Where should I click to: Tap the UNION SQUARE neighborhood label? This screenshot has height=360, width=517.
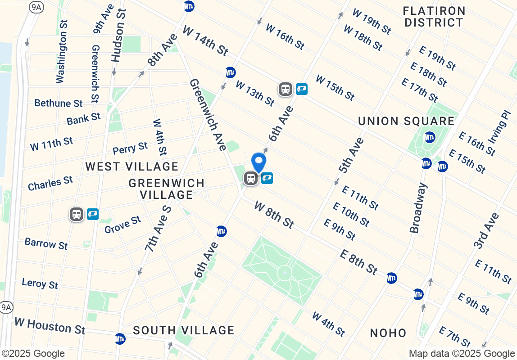coord(406,121)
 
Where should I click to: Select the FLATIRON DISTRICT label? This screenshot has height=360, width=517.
coord(434,17)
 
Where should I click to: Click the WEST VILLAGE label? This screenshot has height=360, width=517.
coord(132,166)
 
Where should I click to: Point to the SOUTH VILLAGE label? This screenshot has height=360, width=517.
coord(184,330)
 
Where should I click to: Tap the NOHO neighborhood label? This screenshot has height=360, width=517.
coord(388,333)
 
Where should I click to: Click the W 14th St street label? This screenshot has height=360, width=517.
coord(205,40)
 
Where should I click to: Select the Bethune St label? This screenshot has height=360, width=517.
coord(59,103)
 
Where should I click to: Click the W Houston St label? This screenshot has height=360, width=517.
coord(50,325)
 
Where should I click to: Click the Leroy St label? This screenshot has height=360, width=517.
coord(40,283)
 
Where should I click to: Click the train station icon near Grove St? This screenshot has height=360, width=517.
coord(77,214)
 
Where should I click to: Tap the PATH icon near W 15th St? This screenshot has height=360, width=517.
coord(301,89)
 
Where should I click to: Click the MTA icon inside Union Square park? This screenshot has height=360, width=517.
coord(430,137)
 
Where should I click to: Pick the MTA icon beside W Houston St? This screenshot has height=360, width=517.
coord(120,338)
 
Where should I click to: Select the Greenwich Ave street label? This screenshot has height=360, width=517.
coord(208,114)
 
